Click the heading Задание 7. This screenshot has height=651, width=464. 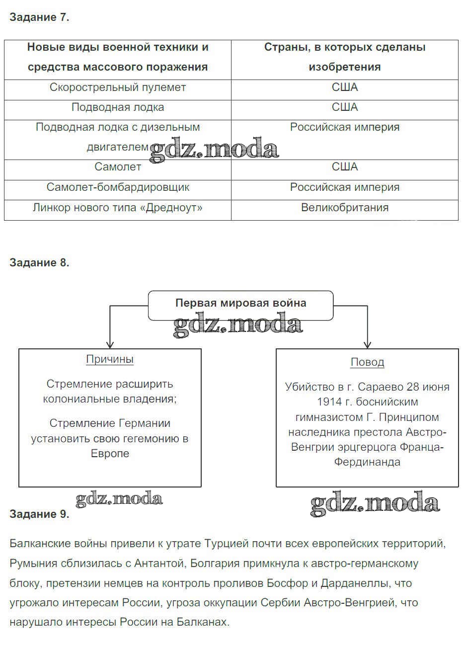pos(39,17)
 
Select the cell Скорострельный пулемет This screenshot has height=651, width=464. pos(118,87)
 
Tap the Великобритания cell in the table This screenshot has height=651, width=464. pos(345,208)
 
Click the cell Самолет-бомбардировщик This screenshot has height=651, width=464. pos(118,187)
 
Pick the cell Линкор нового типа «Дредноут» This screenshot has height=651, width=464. pos(118,208)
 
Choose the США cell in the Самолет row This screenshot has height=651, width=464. pos(345,167)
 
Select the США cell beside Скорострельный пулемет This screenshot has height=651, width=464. pos(345,87)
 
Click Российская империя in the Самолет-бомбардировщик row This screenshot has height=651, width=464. pos(345,187)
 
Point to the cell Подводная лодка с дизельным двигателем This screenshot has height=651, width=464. pos(118,137)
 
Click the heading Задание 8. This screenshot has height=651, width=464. pos(39,263)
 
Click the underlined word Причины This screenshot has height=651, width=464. pos(110,359)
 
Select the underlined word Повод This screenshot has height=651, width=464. pos(367,362)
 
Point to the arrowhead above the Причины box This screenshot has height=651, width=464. pos(110,344)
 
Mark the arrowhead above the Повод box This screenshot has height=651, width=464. pos(367,344)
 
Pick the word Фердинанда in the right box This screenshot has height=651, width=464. pos(367,462)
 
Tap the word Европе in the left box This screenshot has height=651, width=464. pos(110,454)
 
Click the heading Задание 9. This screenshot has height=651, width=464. pos(39,514)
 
